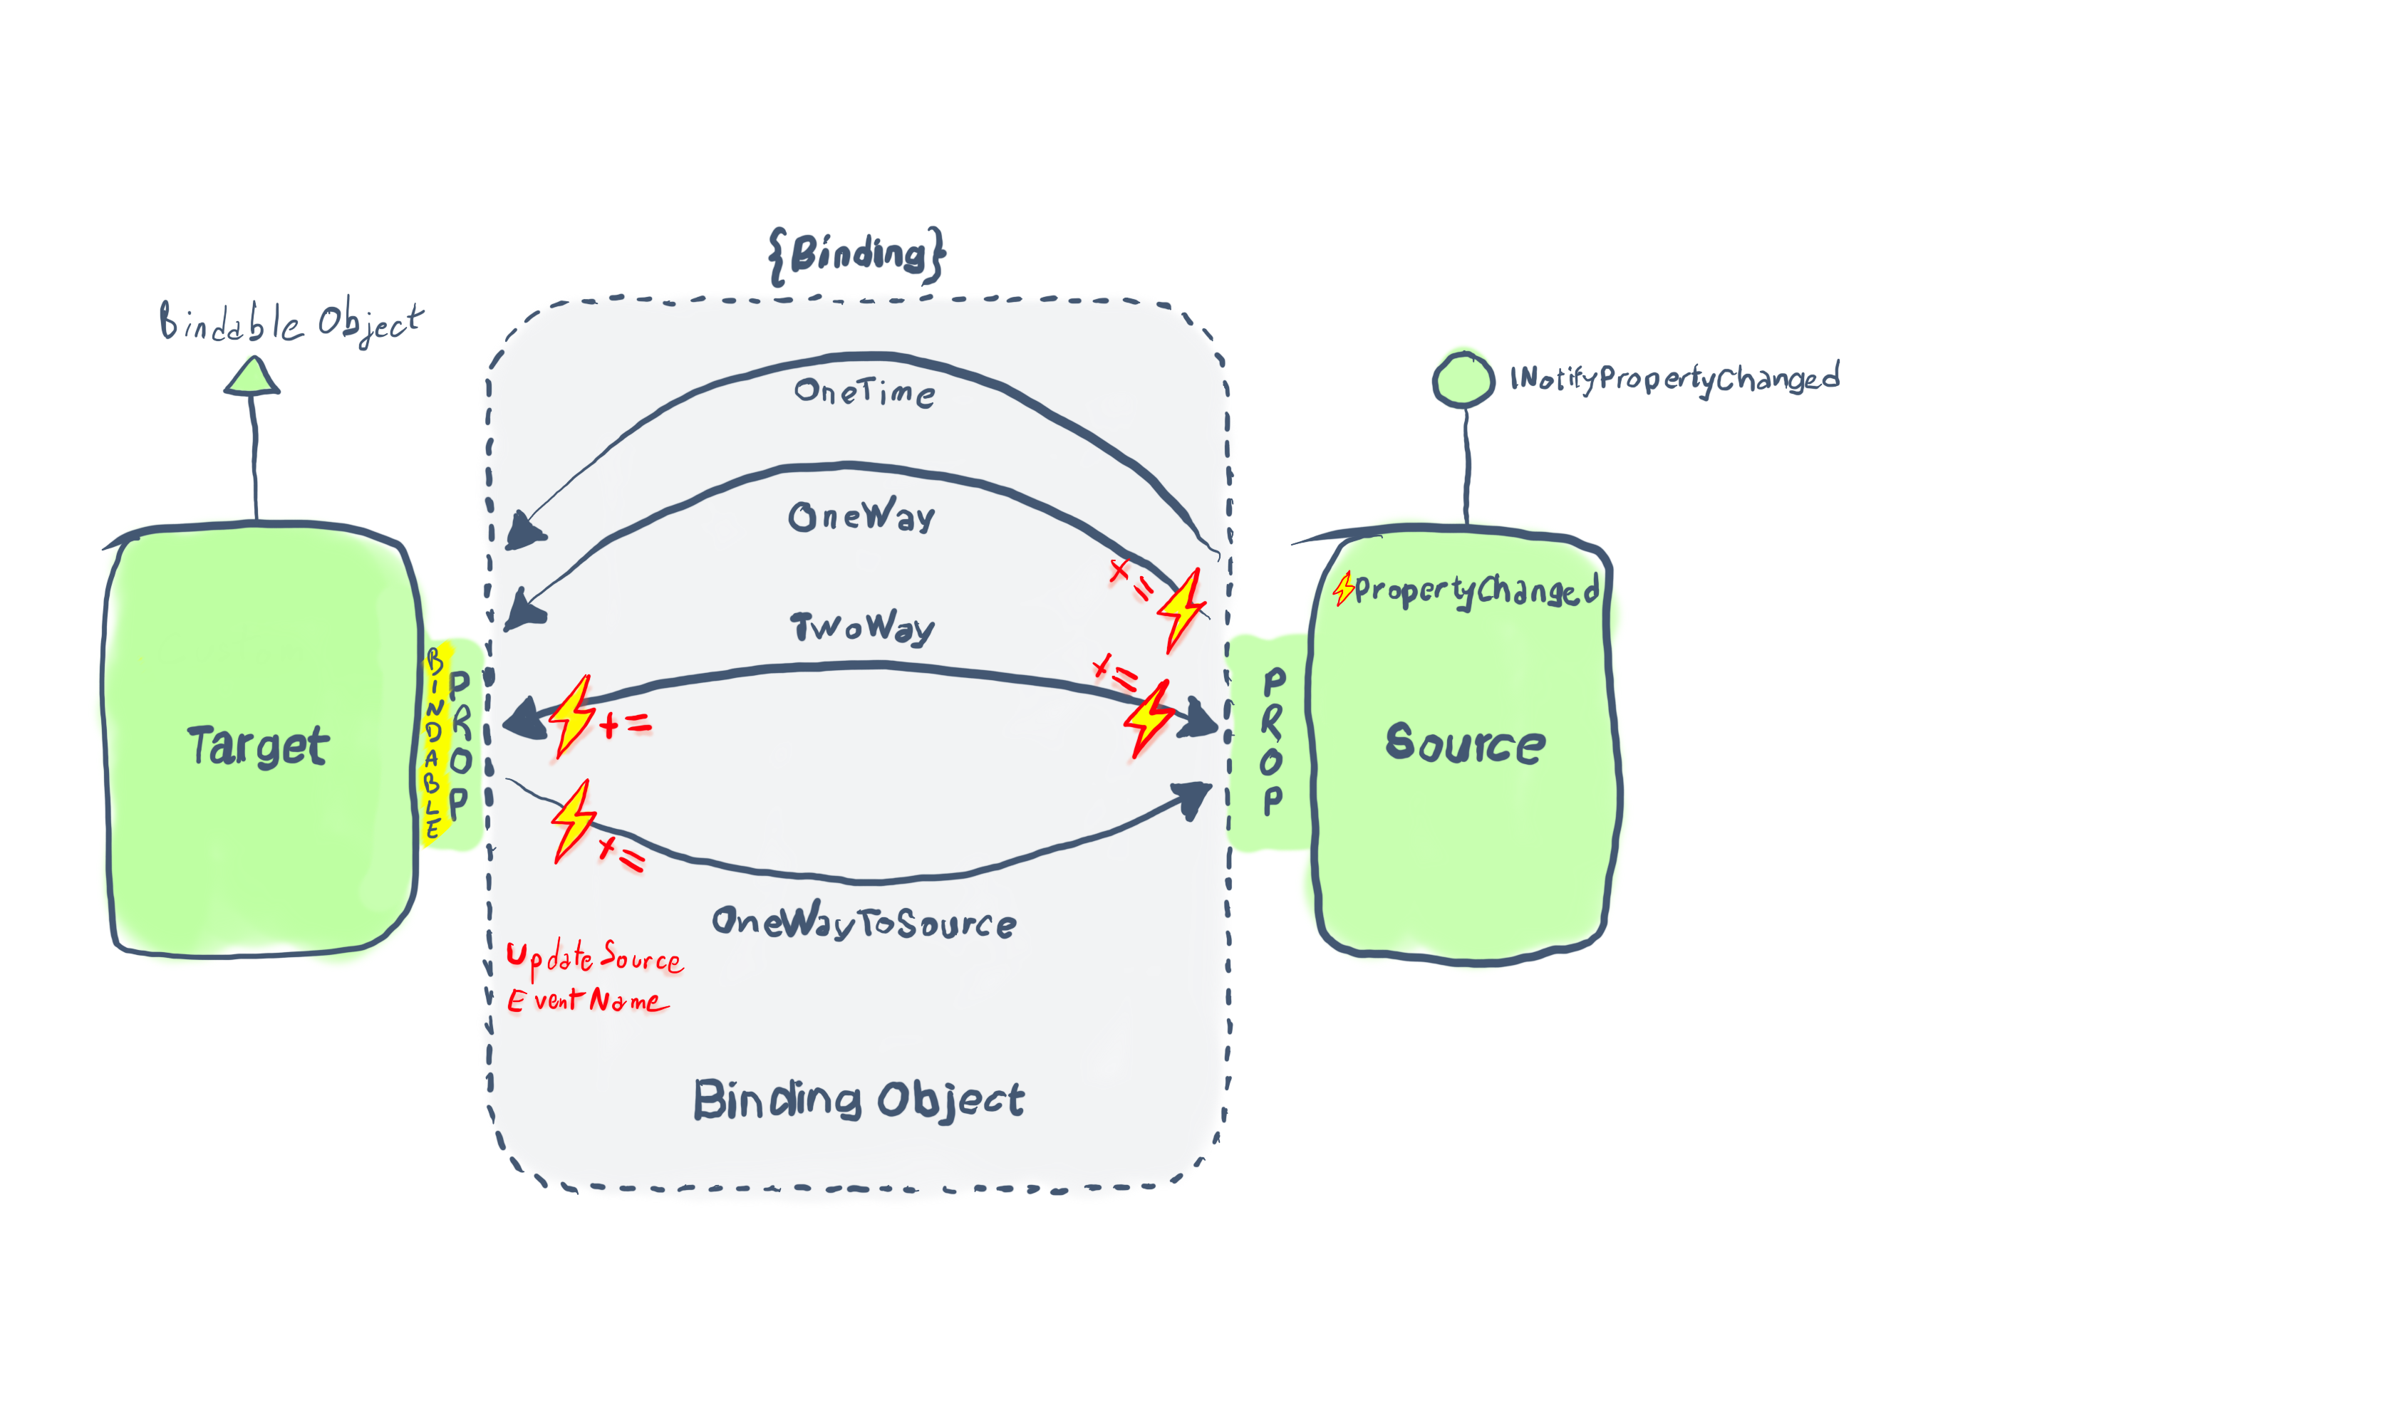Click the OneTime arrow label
(x=864, y=392)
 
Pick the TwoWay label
(x=861, y=627)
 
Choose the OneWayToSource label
(x=864, y=921)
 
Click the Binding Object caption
(x=859, y=1100)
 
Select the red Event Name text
(x=588, y=1001)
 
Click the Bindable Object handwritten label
(x=291, y=323)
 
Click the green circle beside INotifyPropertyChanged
(x=1463, y=380)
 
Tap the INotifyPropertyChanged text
(x=1675, y=378)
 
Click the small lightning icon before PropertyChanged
(x=1344, y=588)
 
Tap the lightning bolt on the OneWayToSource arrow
(x=574, y=821)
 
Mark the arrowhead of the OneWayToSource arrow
(x=1193, y=799)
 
